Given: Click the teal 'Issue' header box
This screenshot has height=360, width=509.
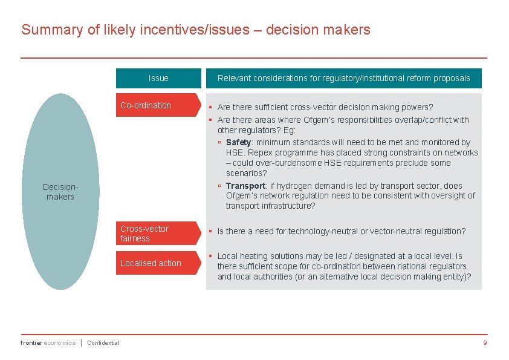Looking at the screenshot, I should (x=158, y=78).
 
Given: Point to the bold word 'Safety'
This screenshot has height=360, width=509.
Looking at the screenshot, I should (x=238, y=142).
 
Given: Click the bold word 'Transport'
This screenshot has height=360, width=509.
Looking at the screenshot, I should (x=245, y=186).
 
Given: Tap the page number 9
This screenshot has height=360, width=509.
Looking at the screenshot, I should (x=485, y=343).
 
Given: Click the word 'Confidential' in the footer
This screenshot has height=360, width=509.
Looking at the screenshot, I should (x=103, y=343).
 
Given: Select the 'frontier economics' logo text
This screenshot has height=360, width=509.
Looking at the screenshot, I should (x=48, y=343).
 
